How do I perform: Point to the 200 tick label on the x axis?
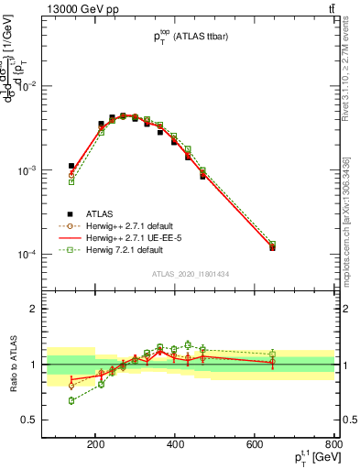pyautogui.click(x=95, y=446)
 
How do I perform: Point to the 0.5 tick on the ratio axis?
pyautogui.click(x=51, y=420)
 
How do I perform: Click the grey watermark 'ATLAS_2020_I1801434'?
pyautogui.click(x=193, y=274)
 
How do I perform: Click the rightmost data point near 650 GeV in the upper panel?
pyautogui.click(x=272, y=247)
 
